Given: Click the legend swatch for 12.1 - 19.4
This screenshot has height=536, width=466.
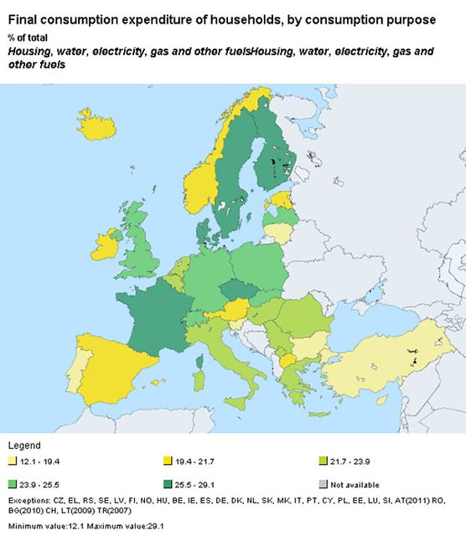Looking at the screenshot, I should (12, 461).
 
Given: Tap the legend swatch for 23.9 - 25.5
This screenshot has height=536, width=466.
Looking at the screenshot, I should (12, 484).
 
